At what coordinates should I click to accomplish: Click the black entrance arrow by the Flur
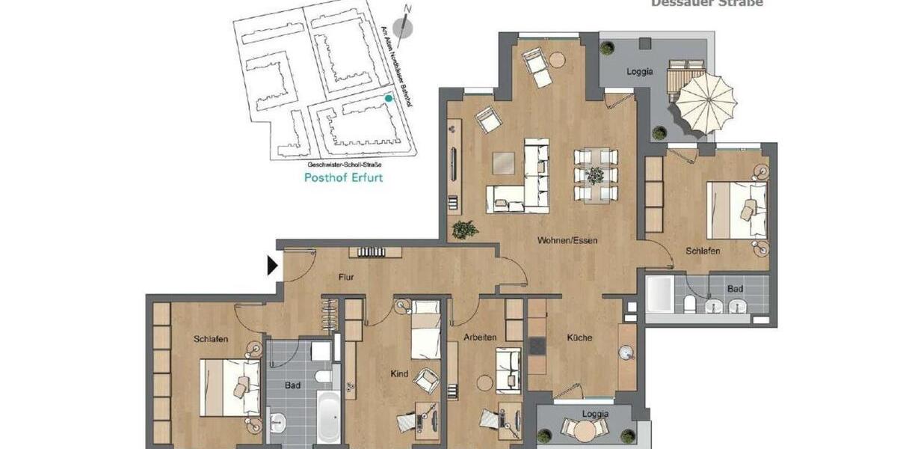pos(273,265)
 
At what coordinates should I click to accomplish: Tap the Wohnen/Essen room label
pos(567,241)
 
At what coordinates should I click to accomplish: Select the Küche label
pos(579,337)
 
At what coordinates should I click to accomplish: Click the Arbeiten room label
pos(479,337)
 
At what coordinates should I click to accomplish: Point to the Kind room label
pos(399,373)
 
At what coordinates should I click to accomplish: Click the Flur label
pos(345,278)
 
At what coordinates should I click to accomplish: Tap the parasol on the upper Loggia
pos(706,100)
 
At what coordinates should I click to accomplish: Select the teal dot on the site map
pos(387,98)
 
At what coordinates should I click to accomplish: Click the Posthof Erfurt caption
pos(343,178)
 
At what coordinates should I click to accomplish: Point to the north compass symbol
pos(403,28)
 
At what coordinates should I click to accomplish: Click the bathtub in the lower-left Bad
pos(327,415)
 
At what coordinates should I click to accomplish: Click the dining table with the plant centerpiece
pos(595,175)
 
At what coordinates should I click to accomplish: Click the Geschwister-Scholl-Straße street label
pos(345,164)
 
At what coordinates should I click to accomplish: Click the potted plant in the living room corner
pos(464,229)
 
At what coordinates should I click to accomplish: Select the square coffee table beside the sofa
pos(503,162)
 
